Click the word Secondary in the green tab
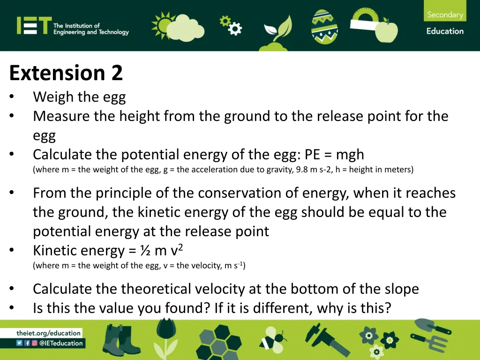click(x=445, y=15)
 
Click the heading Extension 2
click(x=66, y=73)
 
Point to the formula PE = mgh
click(x=334, y=154)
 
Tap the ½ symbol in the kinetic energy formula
click(x=145, y=251)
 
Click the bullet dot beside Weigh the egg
click(x=12, y=97)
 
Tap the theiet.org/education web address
click(x=49, y=333)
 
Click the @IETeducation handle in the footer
click(x=60, y=343)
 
